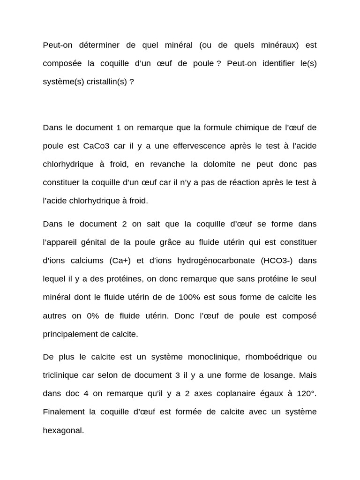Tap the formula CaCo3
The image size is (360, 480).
pyautogui.click(x=96, y=146)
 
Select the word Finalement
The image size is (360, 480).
pyautogui.click(x=64, y=412)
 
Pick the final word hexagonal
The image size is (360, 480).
pyautogui.click(x=63, y=430)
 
